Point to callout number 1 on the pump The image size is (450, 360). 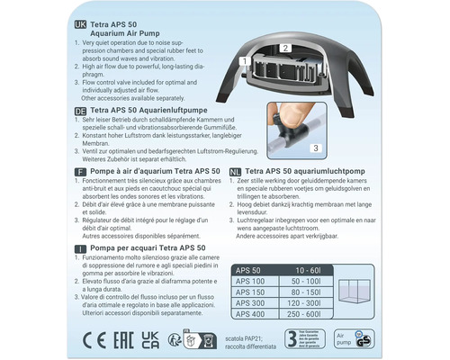point(244,60)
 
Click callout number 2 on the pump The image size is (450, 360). point(284,47)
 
